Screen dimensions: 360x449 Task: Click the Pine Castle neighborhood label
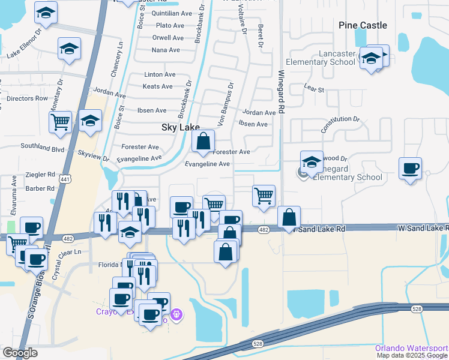[x=363, y=25]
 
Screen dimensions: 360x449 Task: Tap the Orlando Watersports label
[x=411, y=348]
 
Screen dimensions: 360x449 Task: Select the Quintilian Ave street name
[x=172, y=13]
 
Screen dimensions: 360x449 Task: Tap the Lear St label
[x=314, y=89]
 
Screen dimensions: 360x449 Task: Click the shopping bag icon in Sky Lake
[x=203, y=142]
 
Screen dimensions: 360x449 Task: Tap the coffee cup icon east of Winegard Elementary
[x=410, y=169]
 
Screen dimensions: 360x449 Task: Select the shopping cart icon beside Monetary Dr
[x=61, y=122]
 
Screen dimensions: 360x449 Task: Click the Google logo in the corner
[x=20, y=353]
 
